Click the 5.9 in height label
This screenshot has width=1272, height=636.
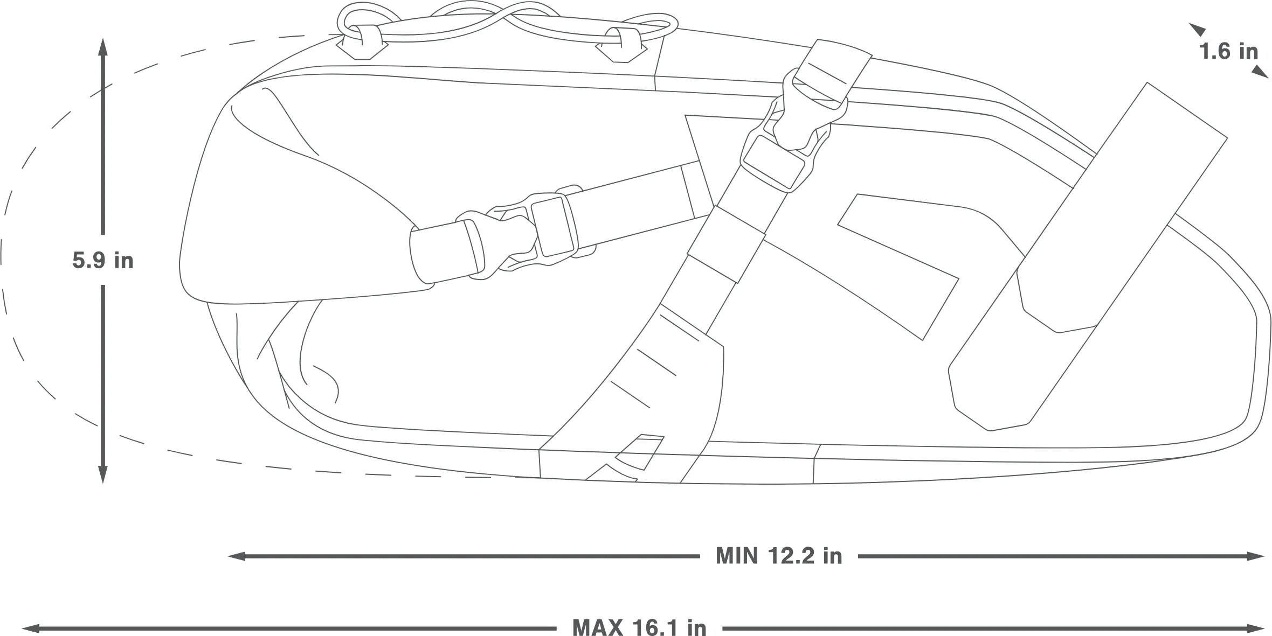(x=103, y=261)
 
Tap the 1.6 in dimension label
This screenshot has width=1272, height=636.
(x=1228, y=52)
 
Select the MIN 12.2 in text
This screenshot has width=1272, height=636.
(x=779, y=556)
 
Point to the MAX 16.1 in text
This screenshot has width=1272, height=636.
(x=639, y=627)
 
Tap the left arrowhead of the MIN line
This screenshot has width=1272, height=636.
(x=237, y=556)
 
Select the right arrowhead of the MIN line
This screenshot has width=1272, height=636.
(x=1255, y=556)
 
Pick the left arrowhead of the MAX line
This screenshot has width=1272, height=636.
(x=31, y=628)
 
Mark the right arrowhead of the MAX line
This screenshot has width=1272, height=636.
(x=1255, y=628)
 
